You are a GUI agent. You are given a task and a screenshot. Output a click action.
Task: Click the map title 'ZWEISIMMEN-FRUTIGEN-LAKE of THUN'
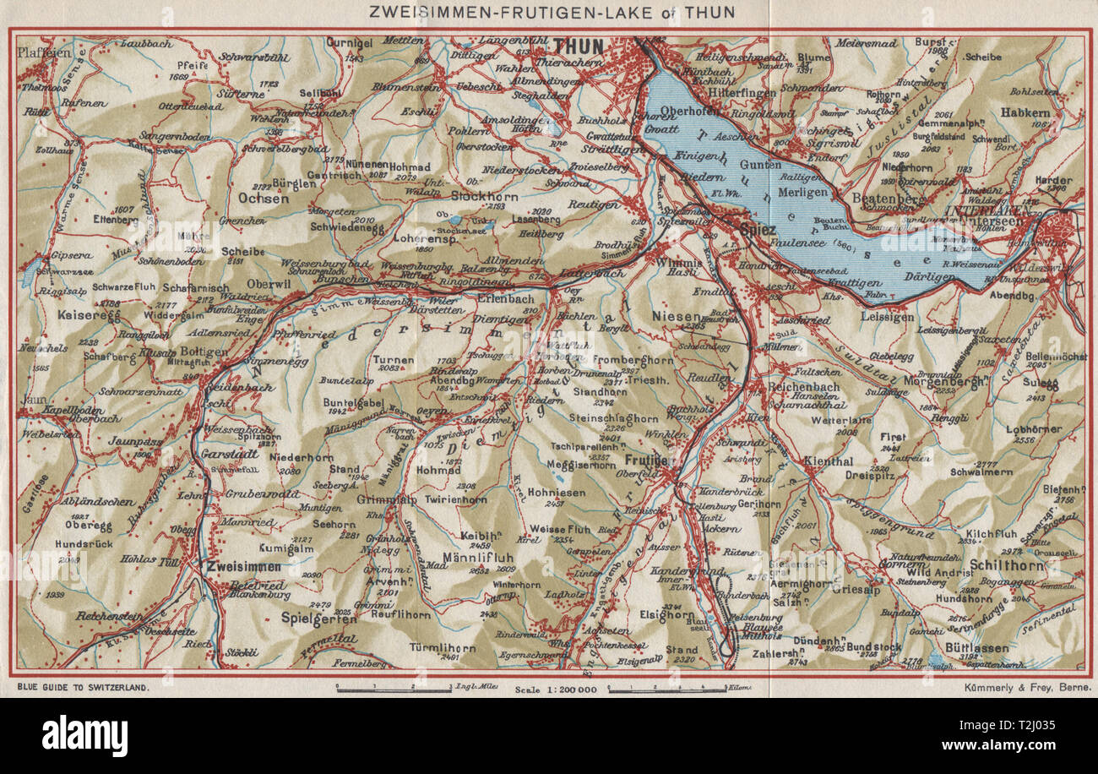548,12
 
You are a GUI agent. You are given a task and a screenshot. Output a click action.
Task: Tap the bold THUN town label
579,46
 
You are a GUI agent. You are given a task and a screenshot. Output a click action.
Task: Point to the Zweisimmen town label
245,566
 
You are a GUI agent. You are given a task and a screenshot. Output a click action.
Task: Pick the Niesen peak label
672,315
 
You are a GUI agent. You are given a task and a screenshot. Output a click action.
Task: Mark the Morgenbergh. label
932,381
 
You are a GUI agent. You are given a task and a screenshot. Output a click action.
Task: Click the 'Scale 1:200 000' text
555,690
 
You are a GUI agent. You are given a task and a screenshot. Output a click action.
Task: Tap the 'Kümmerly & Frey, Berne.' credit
1026,688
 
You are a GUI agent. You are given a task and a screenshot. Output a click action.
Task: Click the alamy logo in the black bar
84,734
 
